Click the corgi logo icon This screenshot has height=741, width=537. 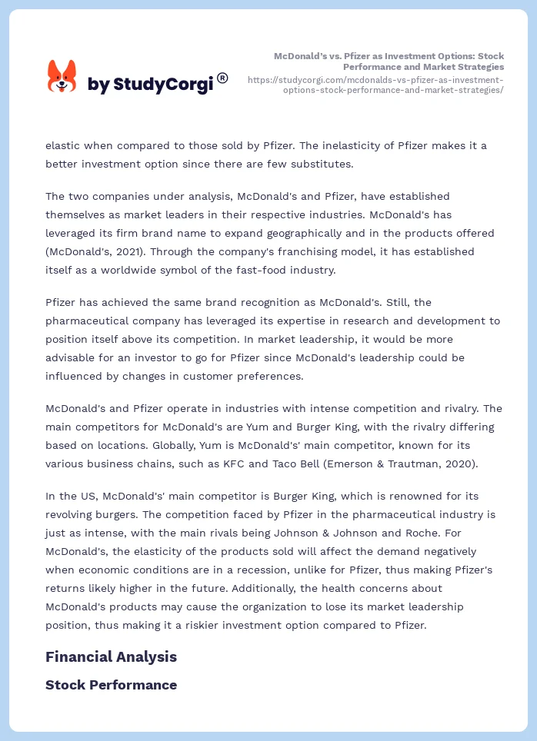pos(62,77)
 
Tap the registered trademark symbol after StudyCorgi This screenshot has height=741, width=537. pos(222,78)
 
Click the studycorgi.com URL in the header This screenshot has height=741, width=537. pos(375,85)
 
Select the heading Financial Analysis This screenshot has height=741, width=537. pos(111,656)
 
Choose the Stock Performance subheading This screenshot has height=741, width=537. pos(111,685)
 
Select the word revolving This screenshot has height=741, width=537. pos(72,514)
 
